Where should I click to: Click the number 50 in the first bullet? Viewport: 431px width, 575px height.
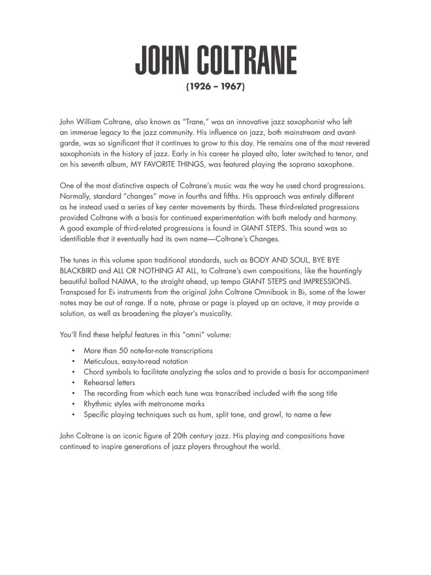coord(124,351)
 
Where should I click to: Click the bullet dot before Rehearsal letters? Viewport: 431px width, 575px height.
coord(73,383)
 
